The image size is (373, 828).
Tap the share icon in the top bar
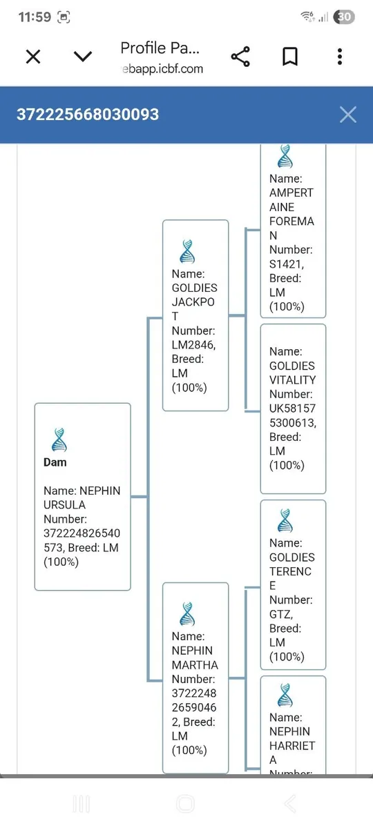[x=240, y=57]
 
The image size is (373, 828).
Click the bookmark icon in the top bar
[x=290, y=57]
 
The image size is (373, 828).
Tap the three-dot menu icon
[x=340, y=57]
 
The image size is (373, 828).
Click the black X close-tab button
[x=33, y=57]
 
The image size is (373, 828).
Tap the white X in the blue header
[x=348, y=115]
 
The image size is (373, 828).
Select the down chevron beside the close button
[x=83, y=57]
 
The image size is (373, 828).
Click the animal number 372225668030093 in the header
[x=88, y=115]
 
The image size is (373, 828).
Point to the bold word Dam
[x=55, y=462]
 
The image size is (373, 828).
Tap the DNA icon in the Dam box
[x=59, y=440]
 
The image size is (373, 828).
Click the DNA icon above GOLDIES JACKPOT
[x=187, y=251]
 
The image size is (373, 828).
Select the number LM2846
[x=193, y=345]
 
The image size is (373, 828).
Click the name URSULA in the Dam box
[x=65, y=505]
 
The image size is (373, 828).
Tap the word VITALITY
[x=293, y=380]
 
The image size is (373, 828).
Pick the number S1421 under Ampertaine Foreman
[x=287, y=264]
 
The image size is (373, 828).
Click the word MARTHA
[x=195, y=665]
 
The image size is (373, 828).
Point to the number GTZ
[x=281, y=614]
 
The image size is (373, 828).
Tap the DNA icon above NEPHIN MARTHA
[x=187, y=614]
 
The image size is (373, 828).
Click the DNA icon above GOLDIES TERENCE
[x=285, y=520]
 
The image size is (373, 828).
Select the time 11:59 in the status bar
[x=35, y=17]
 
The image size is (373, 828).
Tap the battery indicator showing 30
[x=344, y=17]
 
